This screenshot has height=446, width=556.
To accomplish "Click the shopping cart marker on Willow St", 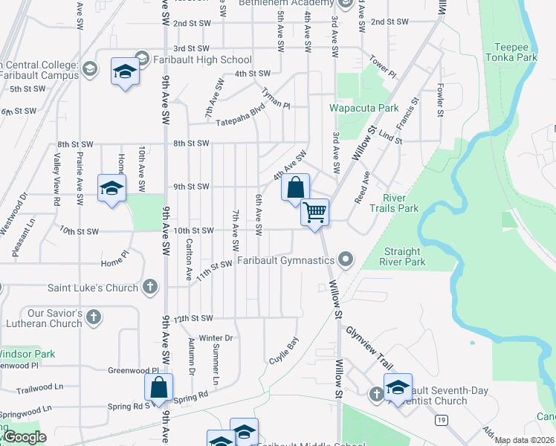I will pos(314,213).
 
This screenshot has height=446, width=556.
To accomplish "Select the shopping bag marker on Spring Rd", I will pos(159,387).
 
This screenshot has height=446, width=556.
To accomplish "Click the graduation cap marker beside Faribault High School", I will pos(126,72).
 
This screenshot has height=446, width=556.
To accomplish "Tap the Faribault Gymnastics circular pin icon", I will pos(345,260).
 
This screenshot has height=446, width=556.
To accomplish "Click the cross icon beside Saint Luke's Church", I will pos(149,287).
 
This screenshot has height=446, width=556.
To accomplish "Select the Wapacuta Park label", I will pos(364,108).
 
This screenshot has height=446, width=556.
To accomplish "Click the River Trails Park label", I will pos(401,203).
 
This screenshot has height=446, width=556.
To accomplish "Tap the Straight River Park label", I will pos(404,256).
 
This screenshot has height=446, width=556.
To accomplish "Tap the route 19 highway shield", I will pos(442,420).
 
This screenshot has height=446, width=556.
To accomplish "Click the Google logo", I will pos(25,438).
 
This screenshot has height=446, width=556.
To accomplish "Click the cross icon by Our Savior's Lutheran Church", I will pos(93,317).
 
